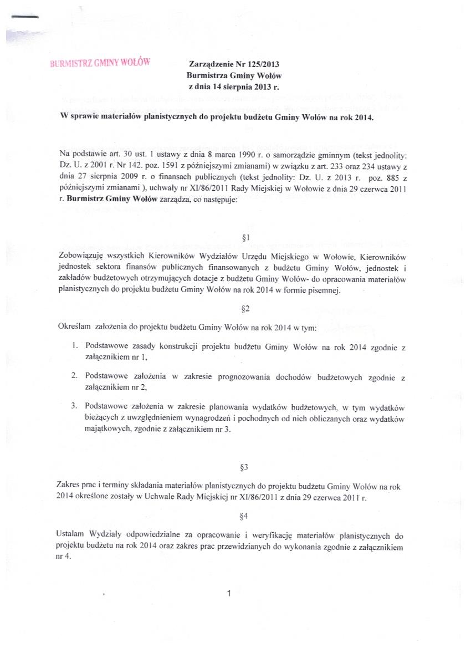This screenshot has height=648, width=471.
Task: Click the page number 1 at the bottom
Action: tap(229, 594)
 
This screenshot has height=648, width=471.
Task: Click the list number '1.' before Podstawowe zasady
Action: tap(75, 346)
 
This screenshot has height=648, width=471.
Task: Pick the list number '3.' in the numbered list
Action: tap(74, 405)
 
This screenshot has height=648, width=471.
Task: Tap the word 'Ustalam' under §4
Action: tap(70, 535)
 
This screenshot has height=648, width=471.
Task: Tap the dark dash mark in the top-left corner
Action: tap(24, 17)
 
